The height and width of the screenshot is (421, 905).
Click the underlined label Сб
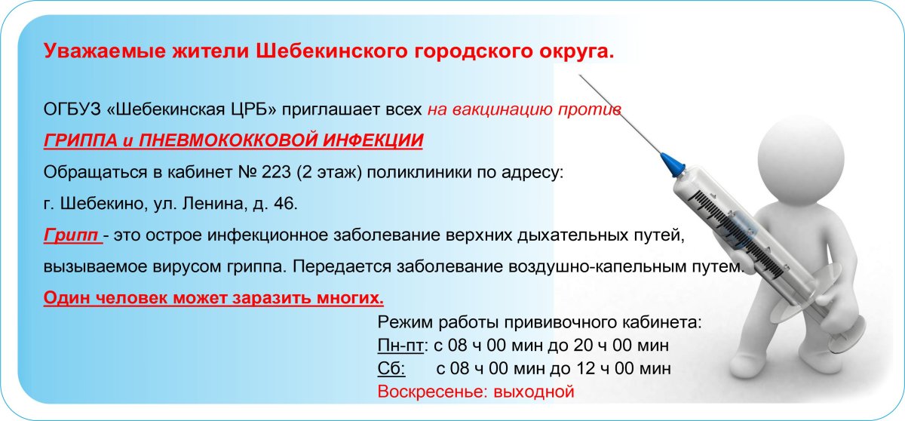coord(390,370)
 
